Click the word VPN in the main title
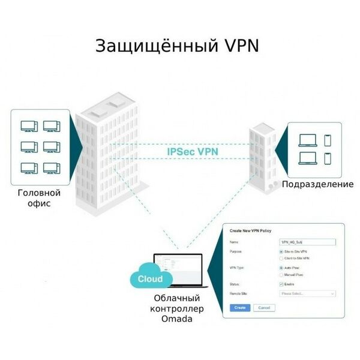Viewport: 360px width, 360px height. pos(240,47)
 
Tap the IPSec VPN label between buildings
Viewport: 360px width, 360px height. pos(193,152)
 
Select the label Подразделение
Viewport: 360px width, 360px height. pos(317,184)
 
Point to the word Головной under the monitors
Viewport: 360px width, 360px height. pos(40,193)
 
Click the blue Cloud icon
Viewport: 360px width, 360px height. pos(150,279)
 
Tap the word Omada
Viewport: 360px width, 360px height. pos(177,319)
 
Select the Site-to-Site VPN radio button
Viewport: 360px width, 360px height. pos(282,251)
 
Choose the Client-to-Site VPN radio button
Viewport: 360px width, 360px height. pos(282,258)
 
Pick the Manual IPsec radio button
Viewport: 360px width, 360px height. pos(282,274)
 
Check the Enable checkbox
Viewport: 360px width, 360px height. pos(282,284)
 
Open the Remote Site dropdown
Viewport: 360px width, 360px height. pos(308,293)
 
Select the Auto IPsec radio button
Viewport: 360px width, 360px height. pos(282,268)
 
